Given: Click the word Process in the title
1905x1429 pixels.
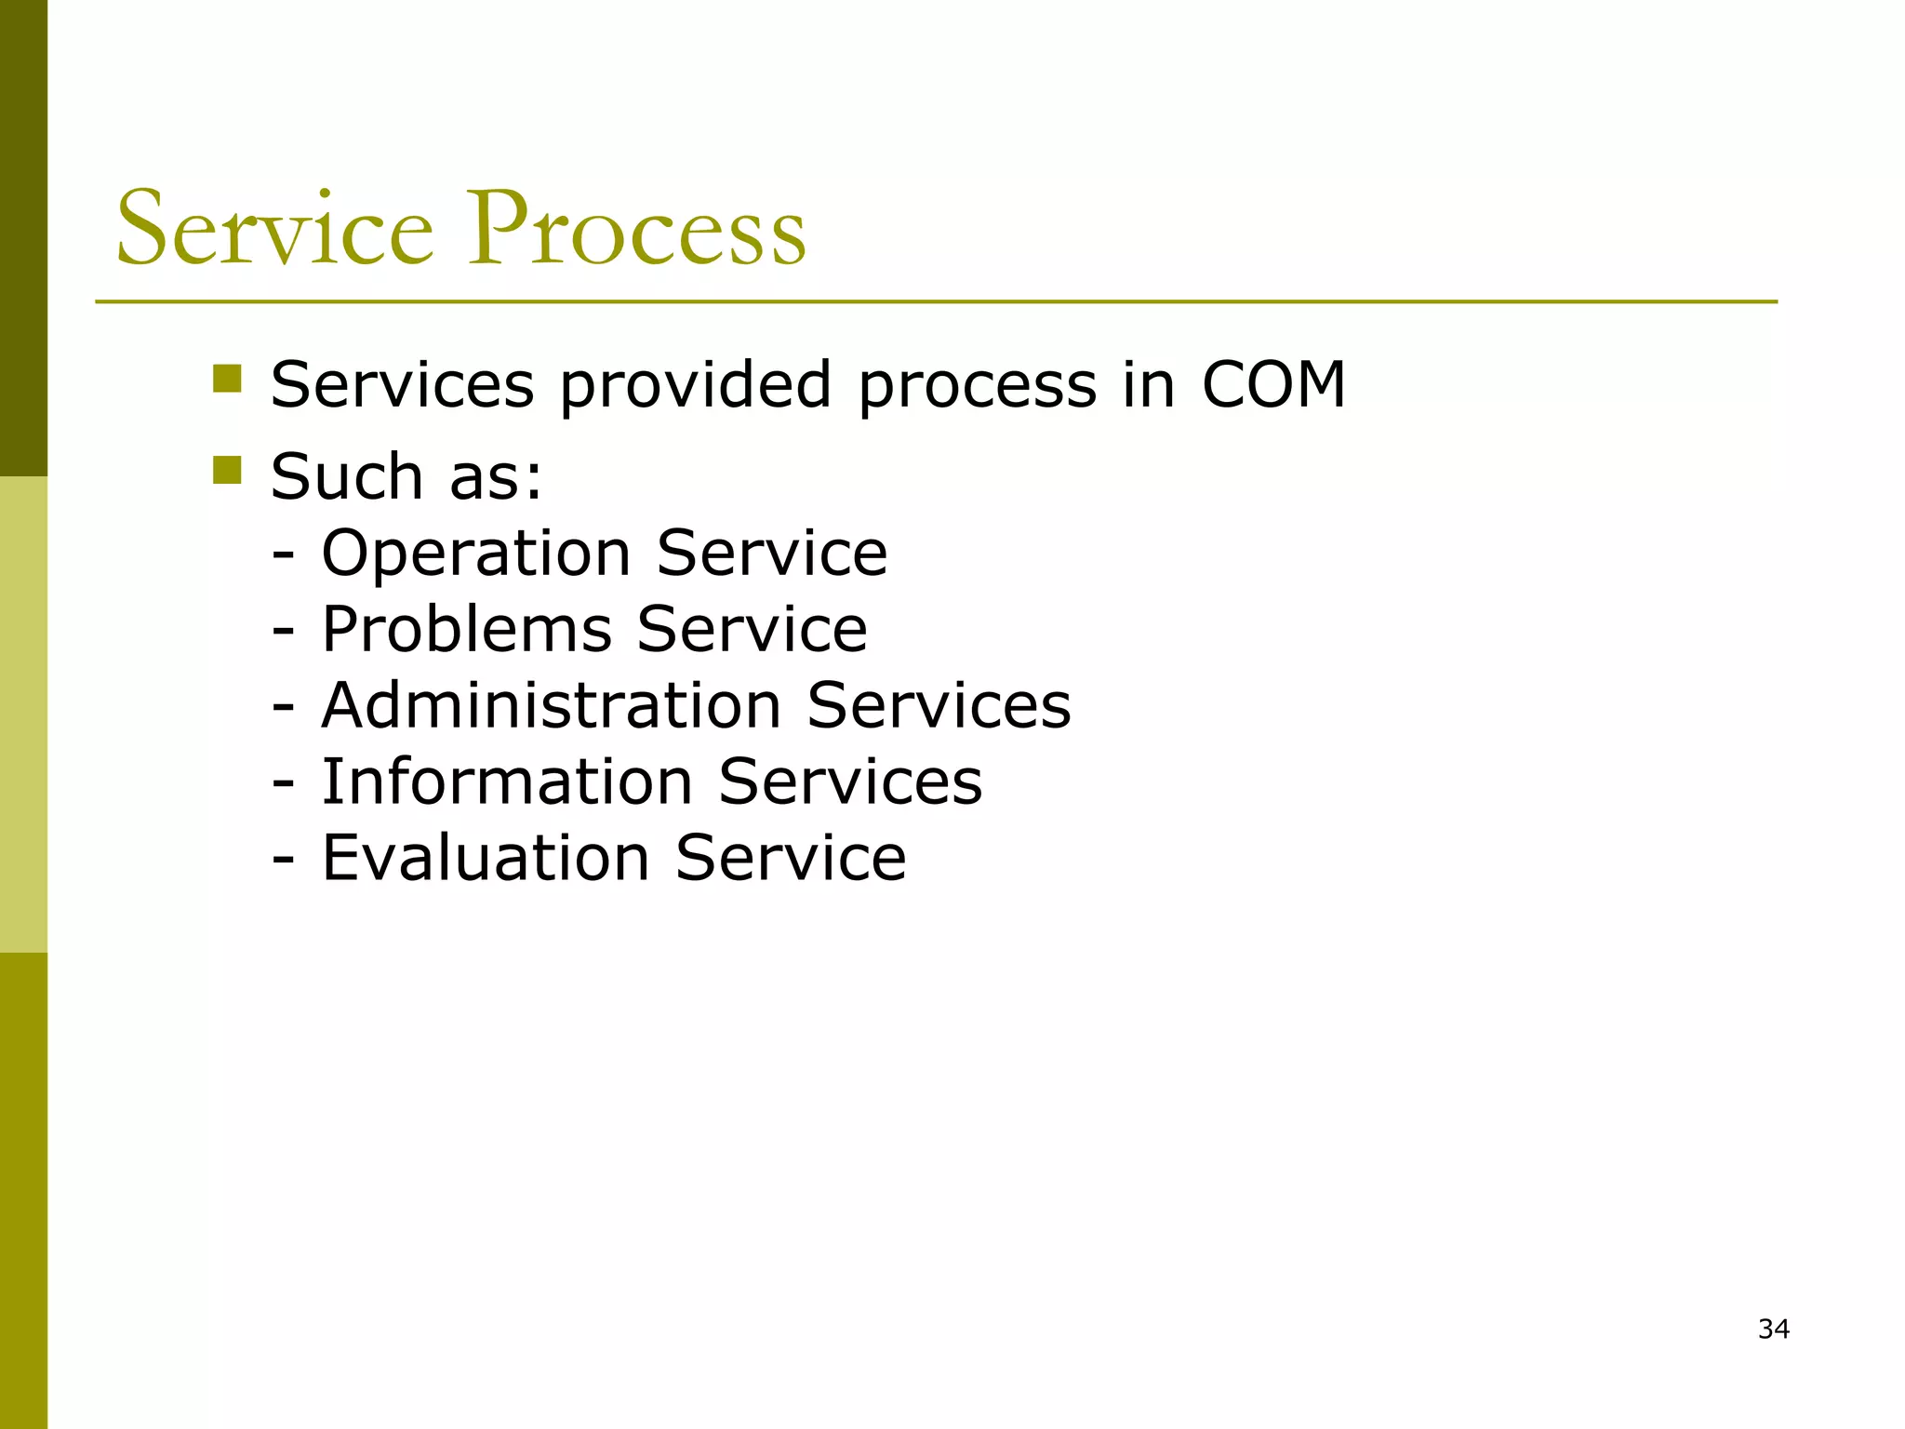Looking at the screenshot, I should tap(636, 229).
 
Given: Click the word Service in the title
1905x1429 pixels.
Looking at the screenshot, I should tap(275, 229).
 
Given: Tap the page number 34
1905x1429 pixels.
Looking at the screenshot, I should tap(1773, 1329).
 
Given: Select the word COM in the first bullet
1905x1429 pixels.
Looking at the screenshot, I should tap(1273, 384).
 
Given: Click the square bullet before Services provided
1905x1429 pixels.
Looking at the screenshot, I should tap(227, 379).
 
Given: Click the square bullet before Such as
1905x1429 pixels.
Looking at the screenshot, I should tap(227, 470).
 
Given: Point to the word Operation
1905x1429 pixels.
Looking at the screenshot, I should tap(476, 554).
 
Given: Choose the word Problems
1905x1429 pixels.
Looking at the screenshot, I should tap(467, 630).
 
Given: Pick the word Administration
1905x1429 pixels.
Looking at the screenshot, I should tap(551, 705).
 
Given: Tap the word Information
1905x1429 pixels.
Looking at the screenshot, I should tap(507, 781).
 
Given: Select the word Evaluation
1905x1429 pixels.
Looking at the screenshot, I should tap(485, 858).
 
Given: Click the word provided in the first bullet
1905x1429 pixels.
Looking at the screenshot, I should tap(695, 384).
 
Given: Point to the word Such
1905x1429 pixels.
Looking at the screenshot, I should tap(347, 476).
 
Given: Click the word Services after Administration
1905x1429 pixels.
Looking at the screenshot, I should tap(939, 705).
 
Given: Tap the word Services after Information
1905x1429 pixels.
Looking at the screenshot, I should tap(850, 781).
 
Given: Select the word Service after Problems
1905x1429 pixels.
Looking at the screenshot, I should tap(752, 630).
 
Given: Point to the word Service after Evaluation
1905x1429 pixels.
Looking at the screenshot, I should tap(791, 858).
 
